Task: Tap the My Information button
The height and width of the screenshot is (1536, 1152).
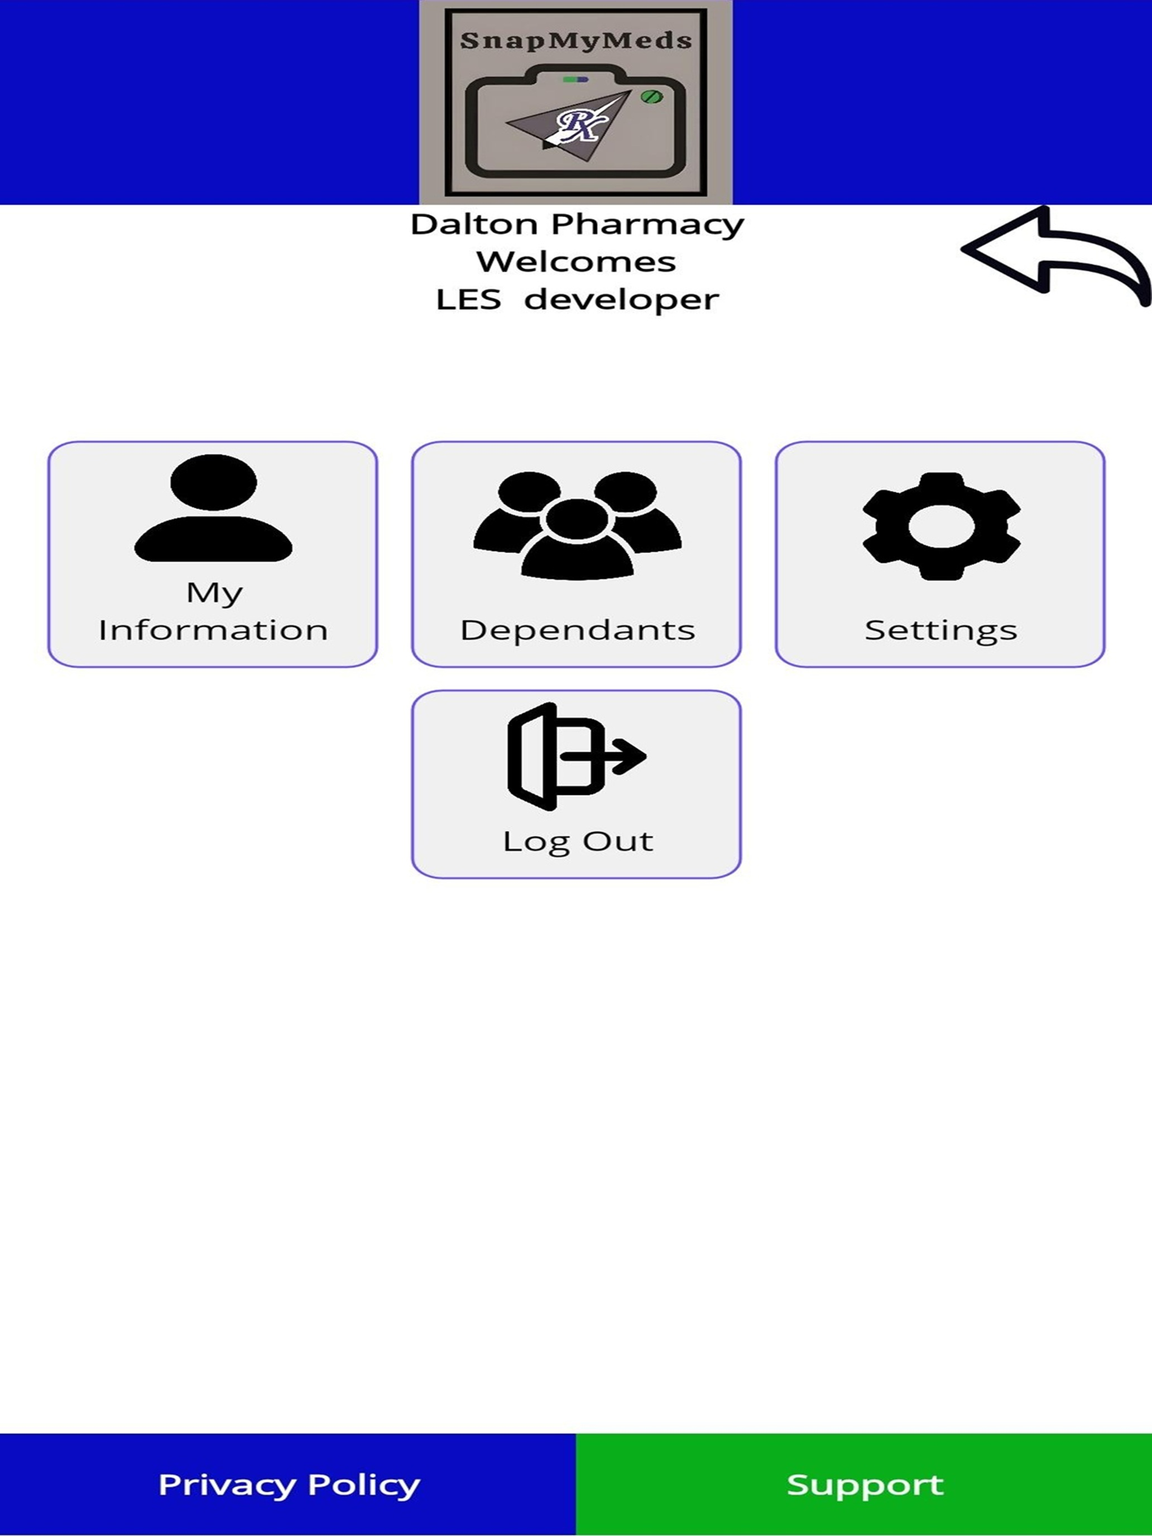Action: tap(213, 554)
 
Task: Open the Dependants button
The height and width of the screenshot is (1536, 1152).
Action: tap(577, 554)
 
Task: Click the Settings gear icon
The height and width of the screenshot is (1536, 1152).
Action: tap(942, 526)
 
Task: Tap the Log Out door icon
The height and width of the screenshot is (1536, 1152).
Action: tap(577, 756)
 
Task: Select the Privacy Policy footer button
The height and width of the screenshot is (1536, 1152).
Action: tap(288, 1485)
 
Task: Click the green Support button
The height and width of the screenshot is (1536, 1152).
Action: tap(864, 1485)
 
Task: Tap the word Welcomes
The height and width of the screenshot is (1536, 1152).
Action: tap(575, 262)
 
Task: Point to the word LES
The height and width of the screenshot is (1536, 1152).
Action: tap(469, 300)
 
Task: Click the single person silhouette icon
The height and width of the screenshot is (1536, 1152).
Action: tap(213, 507)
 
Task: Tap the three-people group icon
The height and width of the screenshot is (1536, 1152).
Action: tap(577, 525)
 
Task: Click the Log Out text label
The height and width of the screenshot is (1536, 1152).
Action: tap(578, 842)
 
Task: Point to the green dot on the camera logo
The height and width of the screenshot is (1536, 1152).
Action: tap(651, 97)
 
